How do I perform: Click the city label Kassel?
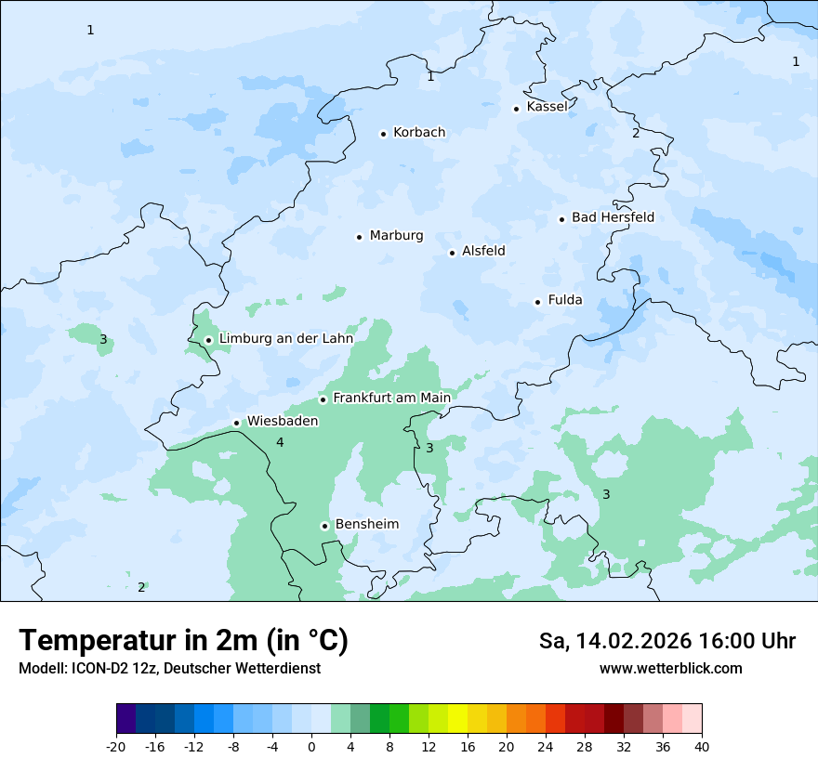[x=547, y=107]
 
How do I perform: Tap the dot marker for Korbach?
[x=383, y=134]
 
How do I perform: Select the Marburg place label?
[x=396, y=236]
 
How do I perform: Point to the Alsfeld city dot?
[x=453, y=253]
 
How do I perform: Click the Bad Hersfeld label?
[x=613, y=217]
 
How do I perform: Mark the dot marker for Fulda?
[x=537, y=302]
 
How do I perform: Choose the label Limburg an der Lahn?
[x=285, y=339]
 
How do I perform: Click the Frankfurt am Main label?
[x=391, y=398]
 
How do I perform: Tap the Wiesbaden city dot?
[x=237, y=423]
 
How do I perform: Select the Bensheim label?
[x=366, y=524]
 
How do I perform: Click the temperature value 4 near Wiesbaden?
[x=280, y=442]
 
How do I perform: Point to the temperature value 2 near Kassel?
[x=636, y=133]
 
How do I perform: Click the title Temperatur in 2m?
[x=183, y=641]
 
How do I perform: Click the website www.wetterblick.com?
[x=670, y=668]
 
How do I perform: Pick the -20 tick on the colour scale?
[x=116, y=746]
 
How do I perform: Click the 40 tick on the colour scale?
[x=702, y=746]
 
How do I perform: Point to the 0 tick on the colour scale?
[x=311, y=746]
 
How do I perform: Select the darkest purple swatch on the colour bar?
[x=125, y=719]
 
